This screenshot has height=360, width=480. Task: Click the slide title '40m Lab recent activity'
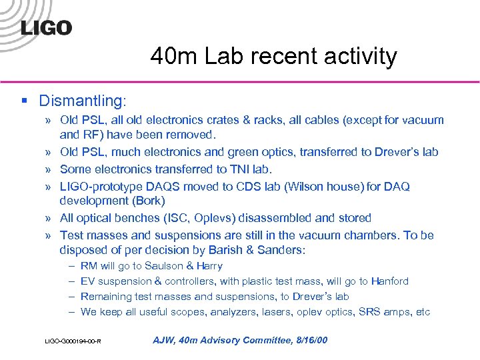click(273, 56)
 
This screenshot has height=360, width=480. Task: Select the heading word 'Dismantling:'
click(82, 101)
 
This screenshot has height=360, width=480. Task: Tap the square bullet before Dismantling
click(24, 101)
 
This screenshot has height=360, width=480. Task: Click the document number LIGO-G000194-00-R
click(73, 341)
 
